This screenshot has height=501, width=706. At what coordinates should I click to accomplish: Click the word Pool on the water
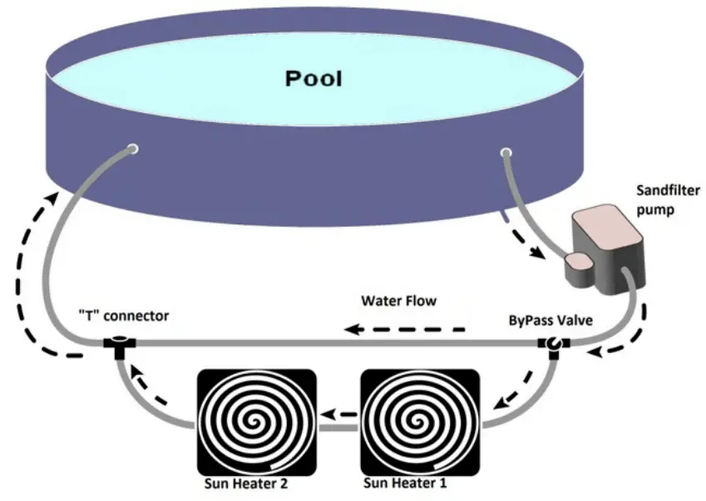(x=314, y=79)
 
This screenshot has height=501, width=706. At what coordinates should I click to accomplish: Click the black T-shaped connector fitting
(x=120, y=343)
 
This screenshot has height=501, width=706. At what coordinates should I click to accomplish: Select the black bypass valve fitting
(x=553, y=343)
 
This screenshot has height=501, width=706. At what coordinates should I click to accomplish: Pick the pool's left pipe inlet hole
(x=131, y=150)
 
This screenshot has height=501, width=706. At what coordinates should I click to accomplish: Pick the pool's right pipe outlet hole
(x=505, y=152)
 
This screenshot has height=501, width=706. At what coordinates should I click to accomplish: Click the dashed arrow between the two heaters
(x=338, y=414)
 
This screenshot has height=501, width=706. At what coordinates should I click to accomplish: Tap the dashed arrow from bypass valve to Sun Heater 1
(x=516, y=386)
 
